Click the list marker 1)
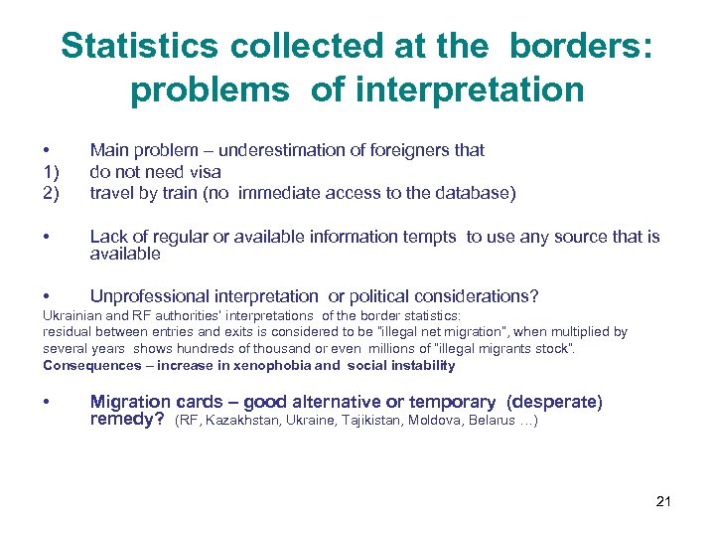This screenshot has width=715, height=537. [x=50, y=172]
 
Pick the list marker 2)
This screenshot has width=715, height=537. [x=50, y=193]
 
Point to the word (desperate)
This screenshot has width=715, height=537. [x=553, y=402]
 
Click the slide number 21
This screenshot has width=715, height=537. [x=663, y=500]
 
